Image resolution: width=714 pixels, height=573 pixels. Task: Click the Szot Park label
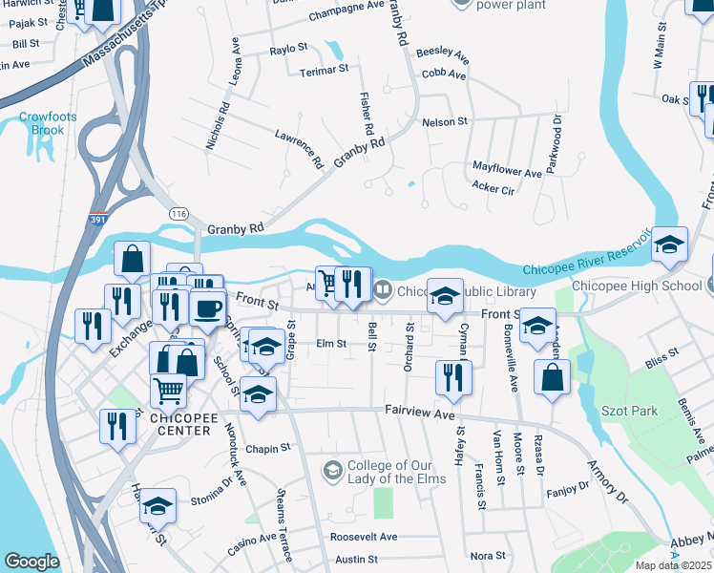click(657, 411)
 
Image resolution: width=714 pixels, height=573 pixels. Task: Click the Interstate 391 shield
click(97, 218)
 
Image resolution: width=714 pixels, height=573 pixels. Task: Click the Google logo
click(31, 562)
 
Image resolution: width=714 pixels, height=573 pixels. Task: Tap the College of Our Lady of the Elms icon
click(332, 469)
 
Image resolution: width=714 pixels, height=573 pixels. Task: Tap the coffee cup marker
click(208, 308)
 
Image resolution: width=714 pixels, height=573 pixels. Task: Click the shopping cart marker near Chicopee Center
click(168, 389)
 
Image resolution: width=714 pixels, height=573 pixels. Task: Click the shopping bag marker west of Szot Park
click(553, 376)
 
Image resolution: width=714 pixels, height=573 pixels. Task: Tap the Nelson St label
click(445, 122)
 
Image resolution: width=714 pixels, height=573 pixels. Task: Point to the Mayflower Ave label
click(507, 169)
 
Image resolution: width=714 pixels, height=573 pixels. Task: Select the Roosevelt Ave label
click(364, 537)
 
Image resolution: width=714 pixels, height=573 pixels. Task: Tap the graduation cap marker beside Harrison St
click(158, 505)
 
